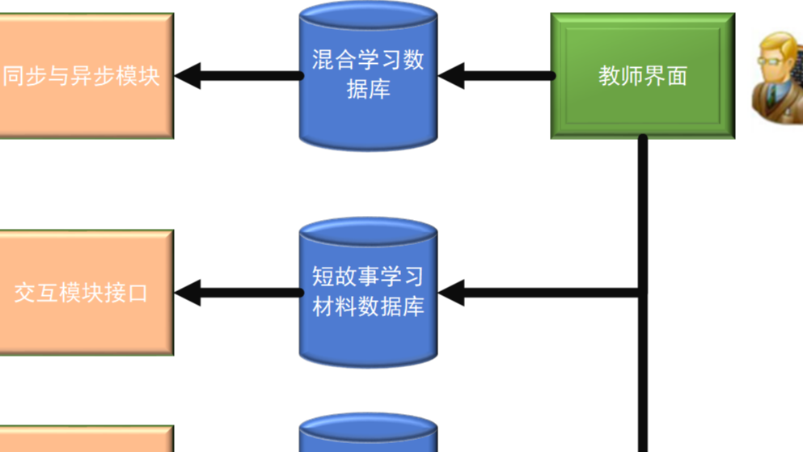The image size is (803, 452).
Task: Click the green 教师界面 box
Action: (x=642, y=76)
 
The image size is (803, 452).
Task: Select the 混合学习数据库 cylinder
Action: (x=368, y=77)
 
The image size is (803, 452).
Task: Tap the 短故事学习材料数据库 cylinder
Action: (x=368, y=293)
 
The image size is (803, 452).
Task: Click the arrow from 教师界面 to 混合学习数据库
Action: (x=495, y=76)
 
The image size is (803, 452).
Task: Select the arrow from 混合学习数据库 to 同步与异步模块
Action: (x=239, y=76)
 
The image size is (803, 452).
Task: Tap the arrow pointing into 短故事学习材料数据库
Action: (x=542, y=293)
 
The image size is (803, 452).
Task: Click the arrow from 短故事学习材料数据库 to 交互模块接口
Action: (x=239, y=293)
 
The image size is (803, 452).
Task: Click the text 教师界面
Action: (x=642, y=76)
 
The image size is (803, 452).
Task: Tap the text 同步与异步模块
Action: (x=81, y=76)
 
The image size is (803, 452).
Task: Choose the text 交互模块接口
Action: (x=81, y=293)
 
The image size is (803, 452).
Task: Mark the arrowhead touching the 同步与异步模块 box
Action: (x=188, y=76)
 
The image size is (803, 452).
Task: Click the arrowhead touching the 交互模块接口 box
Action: (x=188, y=293)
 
